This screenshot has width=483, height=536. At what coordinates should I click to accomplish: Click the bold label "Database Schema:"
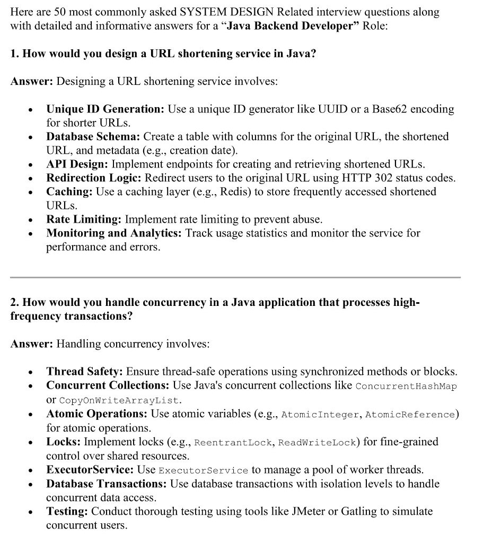coord(93,137)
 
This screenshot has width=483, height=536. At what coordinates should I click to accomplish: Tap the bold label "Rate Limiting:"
coord(84,219)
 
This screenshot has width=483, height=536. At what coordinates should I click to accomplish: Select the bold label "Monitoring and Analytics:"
coord(114,233)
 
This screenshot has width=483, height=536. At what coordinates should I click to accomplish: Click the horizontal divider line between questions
coord(235,277)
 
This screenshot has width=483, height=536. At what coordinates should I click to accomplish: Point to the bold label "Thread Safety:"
coord(84,372)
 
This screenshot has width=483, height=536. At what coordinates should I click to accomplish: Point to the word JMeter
coord(310,512)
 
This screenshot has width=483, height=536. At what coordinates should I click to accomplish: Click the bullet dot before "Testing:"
coord(32,512)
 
